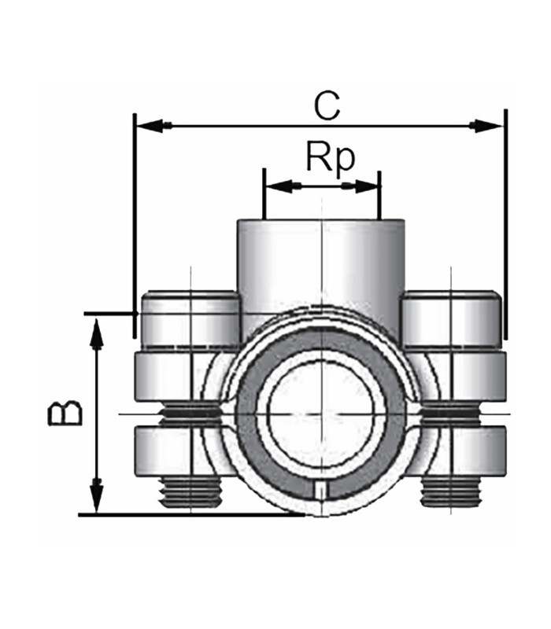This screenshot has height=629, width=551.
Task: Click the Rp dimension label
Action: [x=331, y=158]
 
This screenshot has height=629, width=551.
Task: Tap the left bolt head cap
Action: [x=189, y=319]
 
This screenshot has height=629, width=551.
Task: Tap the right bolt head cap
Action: [x=450, y=319]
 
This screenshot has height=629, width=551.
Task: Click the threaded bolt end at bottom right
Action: [x=451, y=491]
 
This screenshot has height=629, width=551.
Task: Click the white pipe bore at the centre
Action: [x=320, y=414]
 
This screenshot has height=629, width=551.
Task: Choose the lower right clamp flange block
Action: [x=464, y=448]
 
